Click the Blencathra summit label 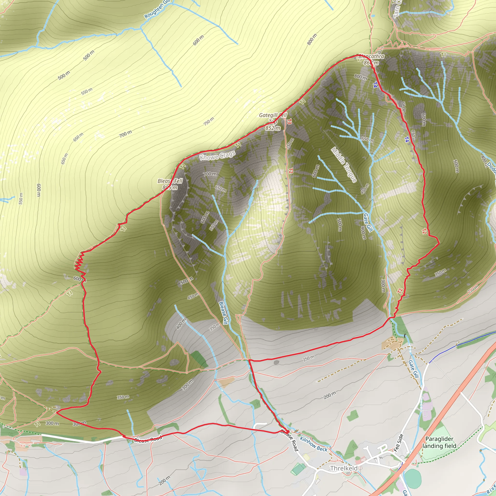tap(371, 56)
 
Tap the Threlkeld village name tap(344, 468)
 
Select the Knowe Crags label tap(217, 155)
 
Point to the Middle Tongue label tap(344, 165)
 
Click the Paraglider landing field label tap(439, 442)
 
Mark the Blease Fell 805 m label tap(170, 184)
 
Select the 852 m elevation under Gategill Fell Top tap(273, 128)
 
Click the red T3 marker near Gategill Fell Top tap(289, 121)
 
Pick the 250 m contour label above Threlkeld tap(309, 358)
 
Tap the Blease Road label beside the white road tap(148, 439)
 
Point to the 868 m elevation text tap(371, 63)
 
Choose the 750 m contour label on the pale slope tap(209, 121)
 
